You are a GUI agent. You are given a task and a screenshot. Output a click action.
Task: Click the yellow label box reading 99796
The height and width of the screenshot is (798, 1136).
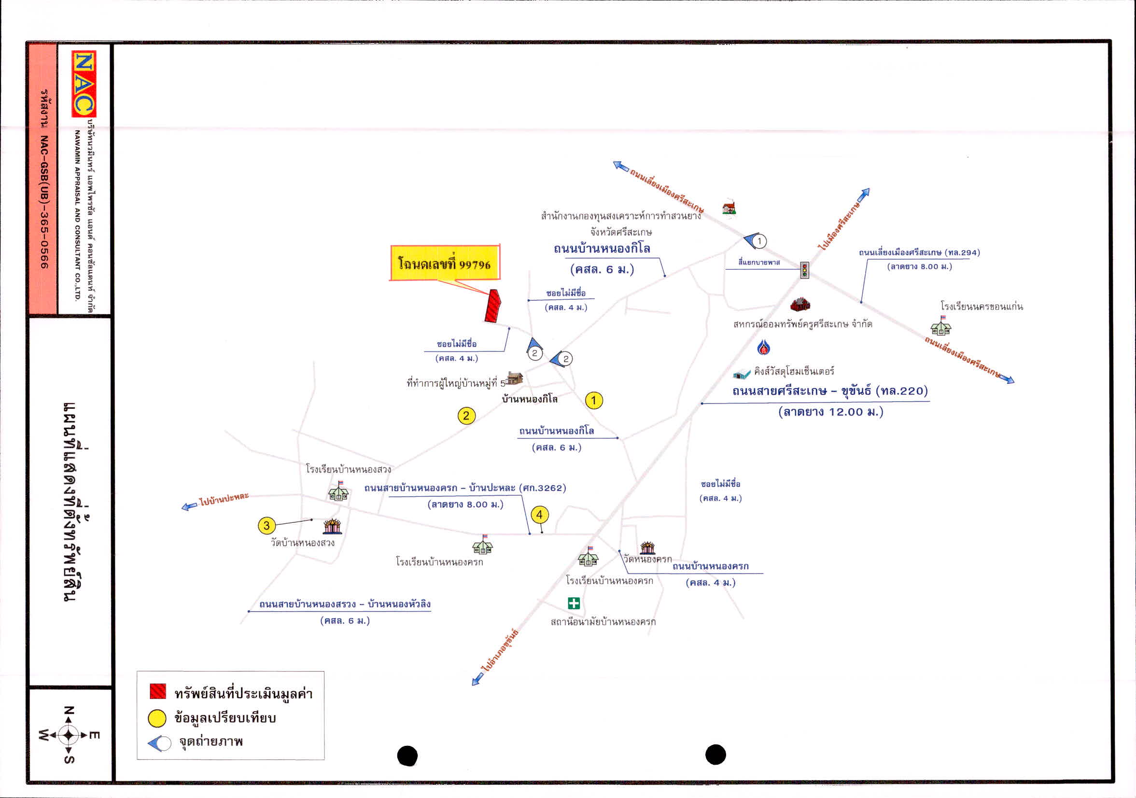click(445, 263)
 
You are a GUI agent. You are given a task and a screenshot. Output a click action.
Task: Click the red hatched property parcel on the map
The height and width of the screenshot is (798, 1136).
click(492, 306)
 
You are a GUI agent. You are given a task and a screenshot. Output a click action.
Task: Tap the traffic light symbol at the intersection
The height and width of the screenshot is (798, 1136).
click(804, 270)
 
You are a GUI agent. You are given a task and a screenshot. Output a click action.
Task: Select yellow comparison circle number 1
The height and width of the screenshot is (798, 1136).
click(594, 400)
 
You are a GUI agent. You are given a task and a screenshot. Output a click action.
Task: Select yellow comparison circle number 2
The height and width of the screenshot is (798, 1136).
click(466, 416)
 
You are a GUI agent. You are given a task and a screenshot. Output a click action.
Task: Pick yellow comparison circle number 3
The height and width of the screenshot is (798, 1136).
click(266, 525)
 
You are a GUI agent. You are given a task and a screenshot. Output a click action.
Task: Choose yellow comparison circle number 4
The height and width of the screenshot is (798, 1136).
click(539, 515)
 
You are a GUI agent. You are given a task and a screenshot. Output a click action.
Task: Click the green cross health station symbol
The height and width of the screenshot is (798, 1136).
click(574, 603)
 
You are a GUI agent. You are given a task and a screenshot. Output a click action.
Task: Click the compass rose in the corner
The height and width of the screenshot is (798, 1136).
click(69, 735)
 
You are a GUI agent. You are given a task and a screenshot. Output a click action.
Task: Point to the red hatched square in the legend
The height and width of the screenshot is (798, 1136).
click(158, 691)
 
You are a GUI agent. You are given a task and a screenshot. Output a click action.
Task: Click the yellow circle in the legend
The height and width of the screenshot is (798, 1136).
click(157, 718)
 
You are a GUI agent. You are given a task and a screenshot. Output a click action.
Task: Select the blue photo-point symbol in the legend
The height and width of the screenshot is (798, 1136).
click(159, 743)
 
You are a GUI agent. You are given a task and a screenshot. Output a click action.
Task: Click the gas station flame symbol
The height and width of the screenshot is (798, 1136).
click(763, 347)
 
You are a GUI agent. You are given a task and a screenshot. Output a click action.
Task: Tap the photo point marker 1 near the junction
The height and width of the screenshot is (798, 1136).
click(756, 240)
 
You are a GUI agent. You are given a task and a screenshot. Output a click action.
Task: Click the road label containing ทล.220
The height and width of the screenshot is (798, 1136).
click(830, 391)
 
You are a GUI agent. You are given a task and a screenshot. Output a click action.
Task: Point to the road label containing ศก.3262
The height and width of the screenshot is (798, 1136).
click(465, 488)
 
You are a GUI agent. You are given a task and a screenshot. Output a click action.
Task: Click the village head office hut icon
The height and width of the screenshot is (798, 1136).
click(515, 378)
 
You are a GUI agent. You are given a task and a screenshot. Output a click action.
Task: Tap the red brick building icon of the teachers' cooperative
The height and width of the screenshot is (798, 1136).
click(799, 304)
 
